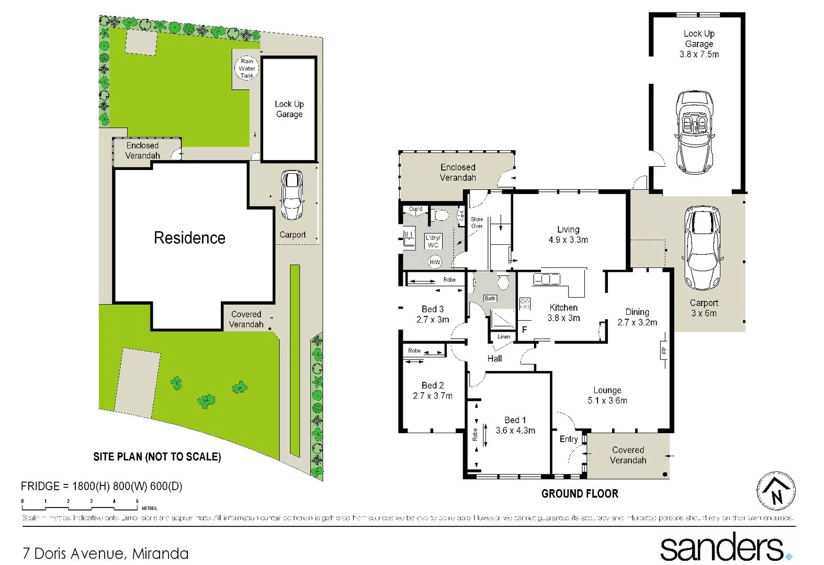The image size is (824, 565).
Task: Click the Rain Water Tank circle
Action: pyautogui.click(x=246, y=68)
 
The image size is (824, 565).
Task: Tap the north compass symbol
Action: pyautogui.click(x=776, y=491)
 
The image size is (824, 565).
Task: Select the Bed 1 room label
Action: pyautogui.click(x=515, y=425)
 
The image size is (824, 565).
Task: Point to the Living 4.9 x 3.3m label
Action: pyautogui.click(x=568, y=234)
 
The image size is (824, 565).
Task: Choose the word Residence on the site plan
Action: pyautogui.click(x=189, y=238)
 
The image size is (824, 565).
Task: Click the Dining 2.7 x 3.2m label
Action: pyautogui.click(x=637, y=317)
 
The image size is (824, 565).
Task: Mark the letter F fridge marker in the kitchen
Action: pyautogui.click(x=524, y=330)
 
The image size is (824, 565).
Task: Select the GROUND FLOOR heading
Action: pyautogui.click(x=580, y=493)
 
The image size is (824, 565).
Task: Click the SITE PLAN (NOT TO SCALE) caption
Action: pyautogui.click(x=157, y=457)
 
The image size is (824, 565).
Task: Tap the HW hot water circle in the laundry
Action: pyautogui.click(x=435, y=262)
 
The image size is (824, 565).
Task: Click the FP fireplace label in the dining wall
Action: pyautogui.click(x=663, y=350)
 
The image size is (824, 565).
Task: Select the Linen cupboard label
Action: pyautogui.click(x=504, y=336)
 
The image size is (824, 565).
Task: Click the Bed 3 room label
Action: pyautogui.click(x=433, y=314)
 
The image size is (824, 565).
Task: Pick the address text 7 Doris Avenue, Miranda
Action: pyautogui.click(x=106, y=553)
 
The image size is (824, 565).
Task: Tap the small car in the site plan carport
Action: pyautogui.click(x=292, y=195)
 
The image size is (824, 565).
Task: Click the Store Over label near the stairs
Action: pyautogui.click(x=477, y=223)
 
